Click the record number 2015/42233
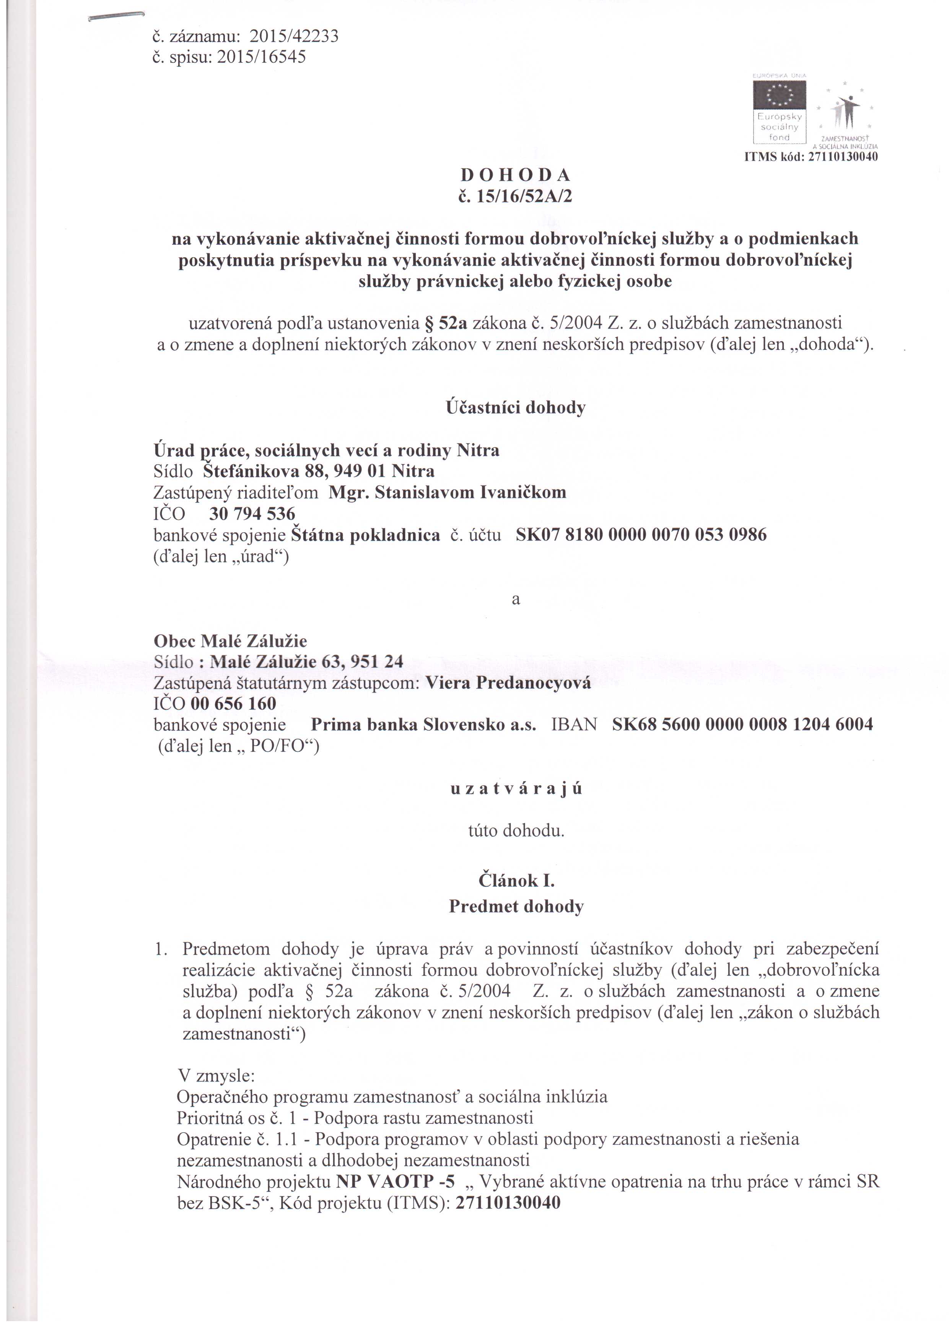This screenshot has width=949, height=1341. [x=294, y=37]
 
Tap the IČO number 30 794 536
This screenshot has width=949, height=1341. [x=252, y=514]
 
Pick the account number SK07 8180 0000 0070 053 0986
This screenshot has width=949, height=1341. [x=641, y=535]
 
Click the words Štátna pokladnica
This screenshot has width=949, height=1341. [x=365, y=535]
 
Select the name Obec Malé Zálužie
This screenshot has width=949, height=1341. [x=230, y=641]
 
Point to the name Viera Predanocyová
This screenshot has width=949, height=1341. [x=508, y=683]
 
